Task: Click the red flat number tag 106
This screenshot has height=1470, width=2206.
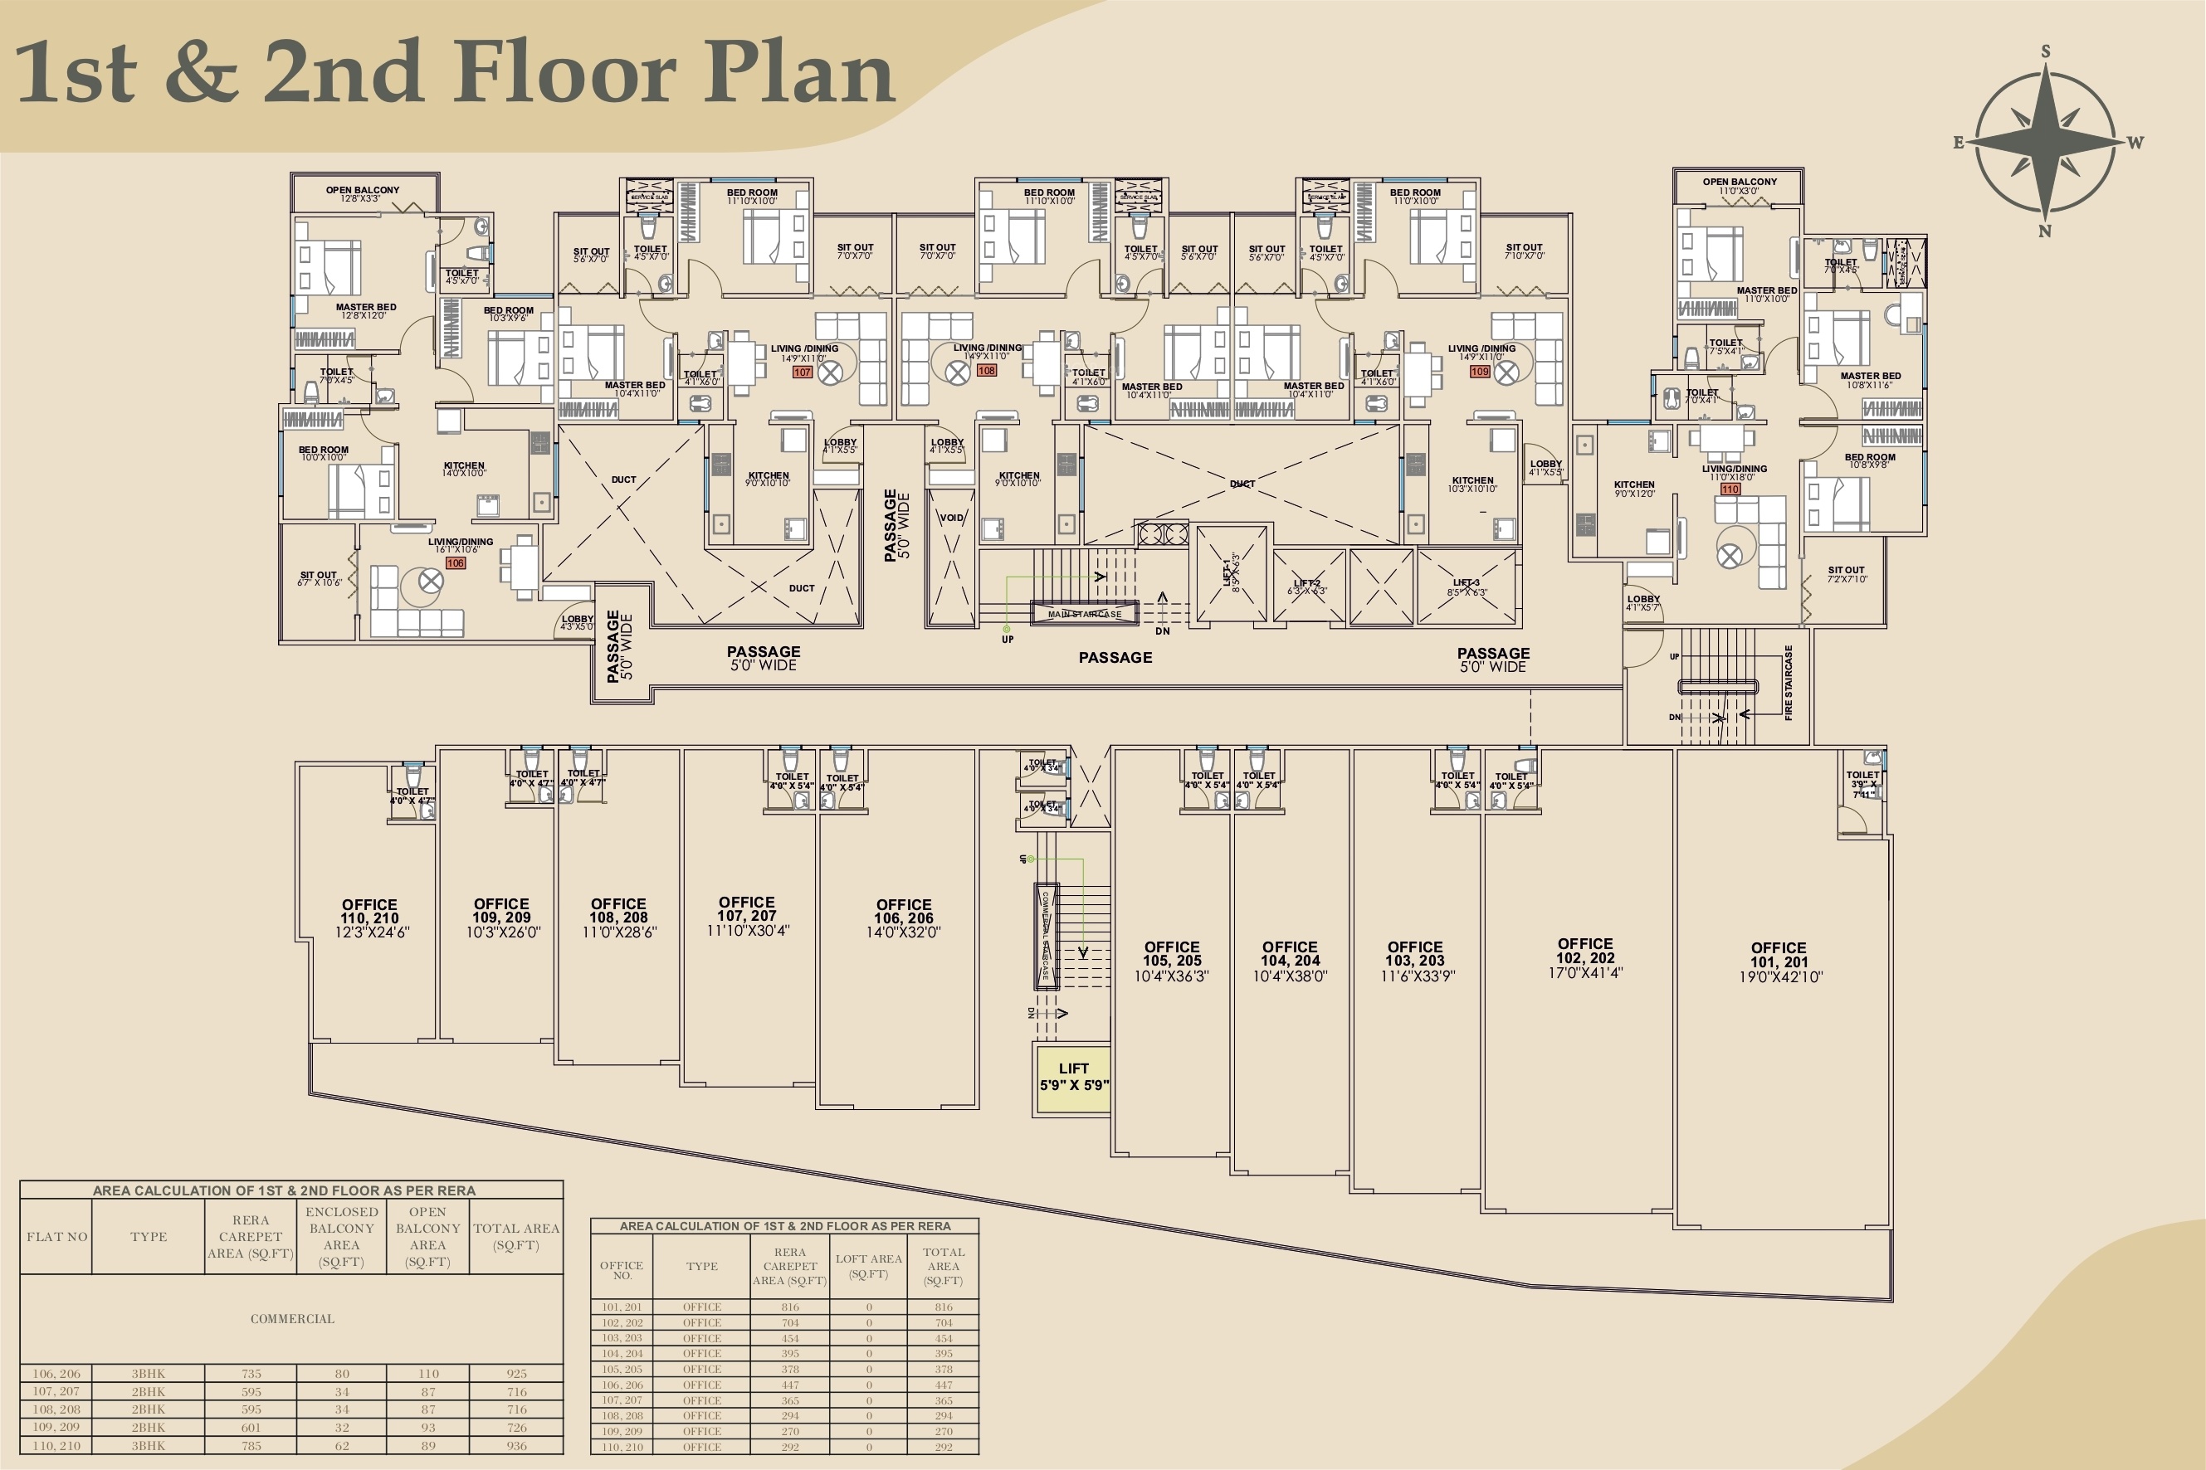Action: click(455, 563)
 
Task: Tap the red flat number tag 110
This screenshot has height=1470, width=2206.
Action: click(1730, 489)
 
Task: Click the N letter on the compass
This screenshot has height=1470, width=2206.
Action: click(2046, 231)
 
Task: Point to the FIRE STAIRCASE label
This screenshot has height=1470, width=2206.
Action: click(1789, 683)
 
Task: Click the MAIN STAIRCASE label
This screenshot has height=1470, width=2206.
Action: click(1084, 614)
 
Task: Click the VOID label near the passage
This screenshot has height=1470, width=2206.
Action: click(951, 518)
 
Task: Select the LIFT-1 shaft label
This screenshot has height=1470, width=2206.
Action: click(1232, 572)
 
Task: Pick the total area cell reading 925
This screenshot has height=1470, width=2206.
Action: click(516, 1374)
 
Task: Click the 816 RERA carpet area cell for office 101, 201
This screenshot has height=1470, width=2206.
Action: click(790, 1307)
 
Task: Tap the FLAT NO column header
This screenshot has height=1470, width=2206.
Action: click(57, 1237)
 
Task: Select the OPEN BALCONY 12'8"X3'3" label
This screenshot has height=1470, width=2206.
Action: click(362, 194)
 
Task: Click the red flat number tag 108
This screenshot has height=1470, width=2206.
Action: click(987, 370)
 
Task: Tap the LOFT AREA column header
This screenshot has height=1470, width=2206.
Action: click(868, 1266)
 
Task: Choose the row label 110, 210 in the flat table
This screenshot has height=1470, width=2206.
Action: click(56, 1446)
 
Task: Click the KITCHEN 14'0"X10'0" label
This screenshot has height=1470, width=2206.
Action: click(463, 469)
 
